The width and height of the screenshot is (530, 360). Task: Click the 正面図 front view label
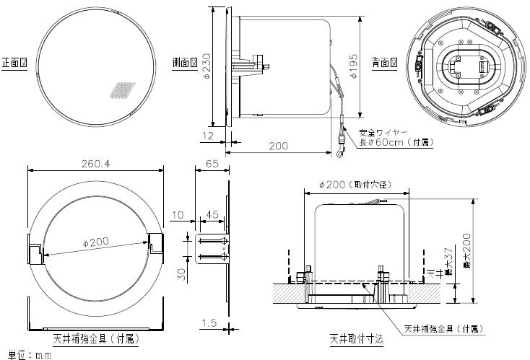[14, 63]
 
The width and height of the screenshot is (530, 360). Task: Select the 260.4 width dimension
[96, 164]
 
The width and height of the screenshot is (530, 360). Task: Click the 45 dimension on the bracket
[213, 214]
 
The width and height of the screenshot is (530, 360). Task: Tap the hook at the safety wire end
[339, 152]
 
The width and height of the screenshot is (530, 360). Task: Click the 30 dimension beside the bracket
[183, 273]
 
